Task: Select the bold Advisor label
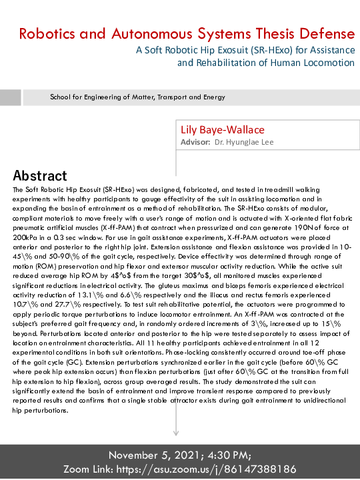(x=196, y=142)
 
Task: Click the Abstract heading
(x=40, y=176)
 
